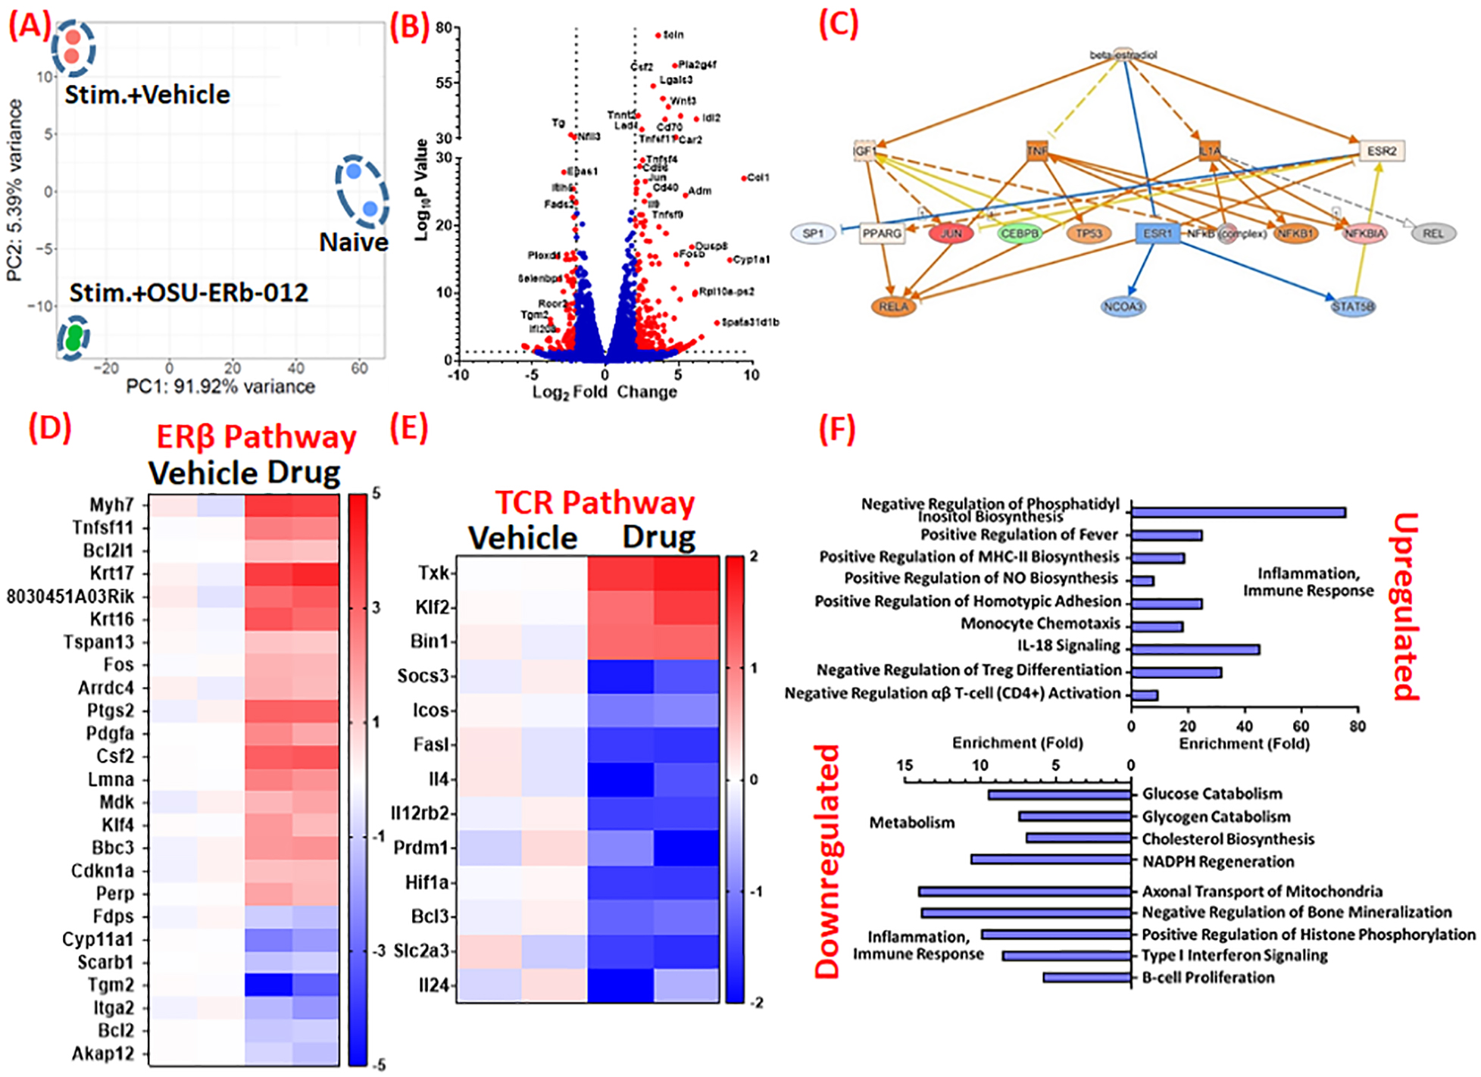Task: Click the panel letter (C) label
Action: point(839,24)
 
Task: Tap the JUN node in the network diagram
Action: point(951,233)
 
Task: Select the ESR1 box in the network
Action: point(1157,233)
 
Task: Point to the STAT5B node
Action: point(1353,306)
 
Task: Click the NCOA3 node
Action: point(1123,306)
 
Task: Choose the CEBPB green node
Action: point(1019,233)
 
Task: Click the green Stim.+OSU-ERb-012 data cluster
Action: point(73,337)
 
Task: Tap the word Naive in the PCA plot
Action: point(353,242)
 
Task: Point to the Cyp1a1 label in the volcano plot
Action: point(751,260)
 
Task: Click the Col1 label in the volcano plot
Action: point(758,178)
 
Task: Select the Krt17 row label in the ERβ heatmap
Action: point(112,573)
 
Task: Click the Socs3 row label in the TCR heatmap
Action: point(423,676)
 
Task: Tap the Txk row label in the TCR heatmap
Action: point(433,573)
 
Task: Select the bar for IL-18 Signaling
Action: point(1195,649)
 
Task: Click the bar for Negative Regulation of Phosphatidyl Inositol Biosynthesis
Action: point(1238,513)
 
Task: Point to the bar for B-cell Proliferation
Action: point(1087,978)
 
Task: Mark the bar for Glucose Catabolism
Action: point(1060,794)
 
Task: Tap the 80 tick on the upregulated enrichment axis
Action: point(1357,726)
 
